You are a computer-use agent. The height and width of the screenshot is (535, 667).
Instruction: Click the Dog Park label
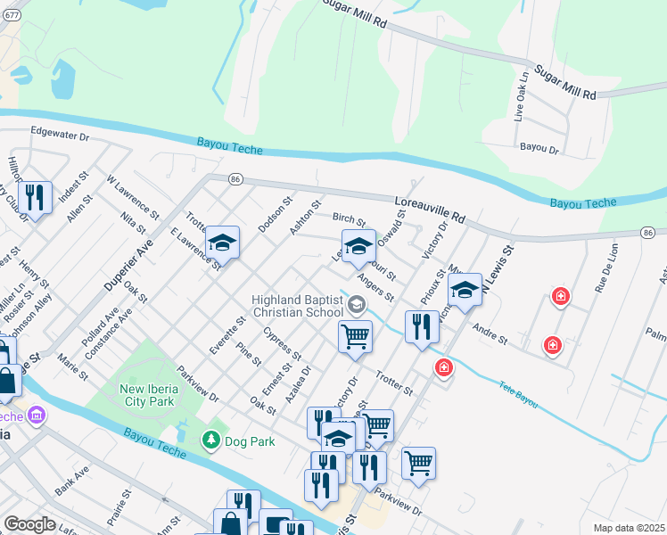(x=250, y=441)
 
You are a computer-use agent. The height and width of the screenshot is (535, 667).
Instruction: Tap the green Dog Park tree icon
(x=211, y=440)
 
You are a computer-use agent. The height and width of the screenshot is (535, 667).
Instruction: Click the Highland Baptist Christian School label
(x=297, y=307)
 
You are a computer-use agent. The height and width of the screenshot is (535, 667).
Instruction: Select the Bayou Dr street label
(x=539, y=149)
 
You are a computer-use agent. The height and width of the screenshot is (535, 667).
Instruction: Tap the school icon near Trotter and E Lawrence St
(x=221, y=244)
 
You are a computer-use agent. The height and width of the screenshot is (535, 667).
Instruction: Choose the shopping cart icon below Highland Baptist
(x=355, y=337)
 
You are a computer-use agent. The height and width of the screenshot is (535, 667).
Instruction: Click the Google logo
(x=29, y=524)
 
